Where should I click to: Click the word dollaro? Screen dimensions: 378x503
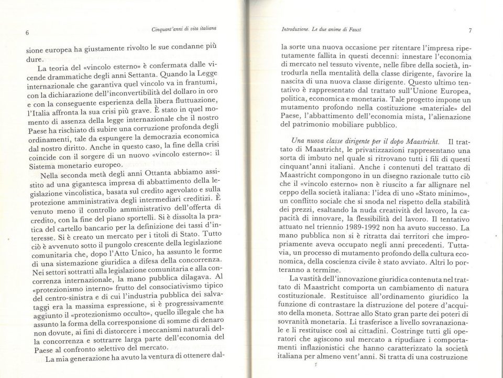click(176, 93)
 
